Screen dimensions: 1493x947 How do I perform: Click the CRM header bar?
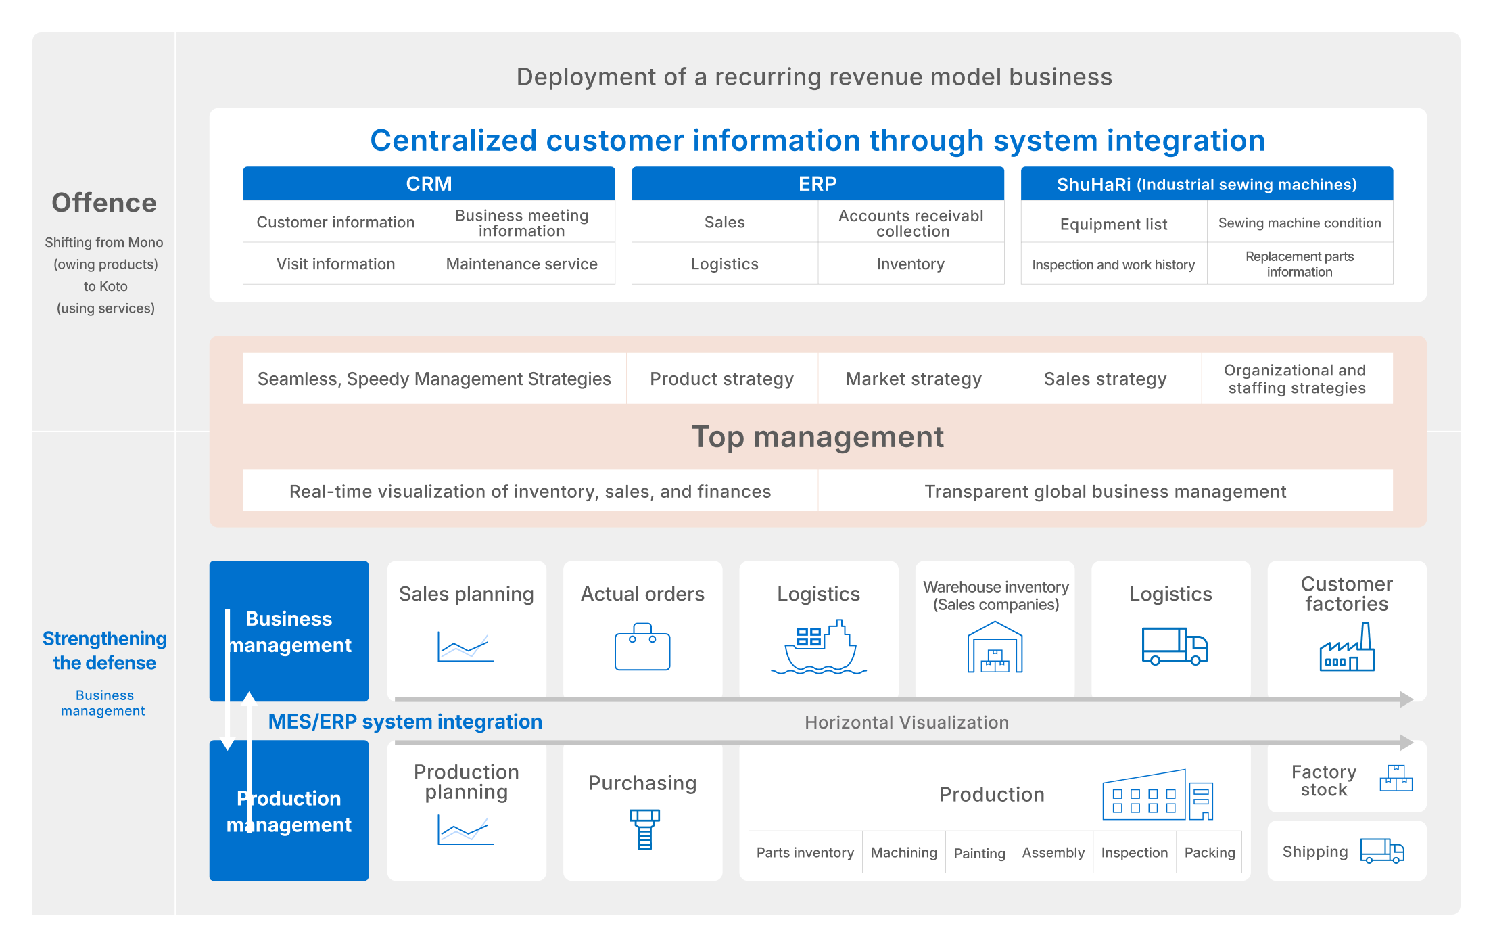429,183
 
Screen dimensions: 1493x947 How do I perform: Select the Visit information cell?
336,264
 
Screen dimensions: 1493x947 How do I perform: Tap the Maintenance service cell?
522,264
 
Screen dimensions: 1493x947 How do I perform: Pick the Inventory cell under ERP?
911,264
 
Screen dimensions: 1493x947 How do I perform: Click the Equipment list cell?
1114,224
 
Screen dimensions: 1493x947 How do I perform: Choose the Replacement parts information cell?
1300,264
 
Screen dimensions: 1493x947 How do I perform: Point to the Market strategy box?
914,379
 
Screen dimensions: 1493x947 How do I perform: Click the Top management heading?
817,437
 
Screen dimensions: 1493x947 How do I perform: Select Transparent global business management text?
1106,491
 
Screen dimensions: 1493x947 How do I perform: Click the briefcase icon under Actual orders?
642,647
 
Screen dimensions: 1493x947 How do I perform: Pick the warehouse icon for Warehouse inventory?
995,647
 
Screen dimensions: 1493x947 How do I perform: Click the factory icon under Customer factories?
1347,647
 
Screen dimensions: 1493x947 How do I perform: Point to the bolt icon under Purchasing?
644,829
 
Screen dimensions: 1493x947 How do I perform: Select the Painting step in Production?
980,853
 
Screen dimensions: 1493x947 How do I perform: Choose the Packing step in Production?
1210,852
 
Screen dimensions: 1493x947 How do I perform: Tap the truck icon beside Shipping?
1382,851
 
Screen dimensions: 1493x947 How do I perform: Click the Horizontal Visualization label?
907,722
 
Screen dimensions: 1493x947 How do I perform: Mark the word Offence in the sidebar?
104,203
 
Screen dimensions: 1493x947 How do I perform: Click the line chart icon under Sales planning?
466,647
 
